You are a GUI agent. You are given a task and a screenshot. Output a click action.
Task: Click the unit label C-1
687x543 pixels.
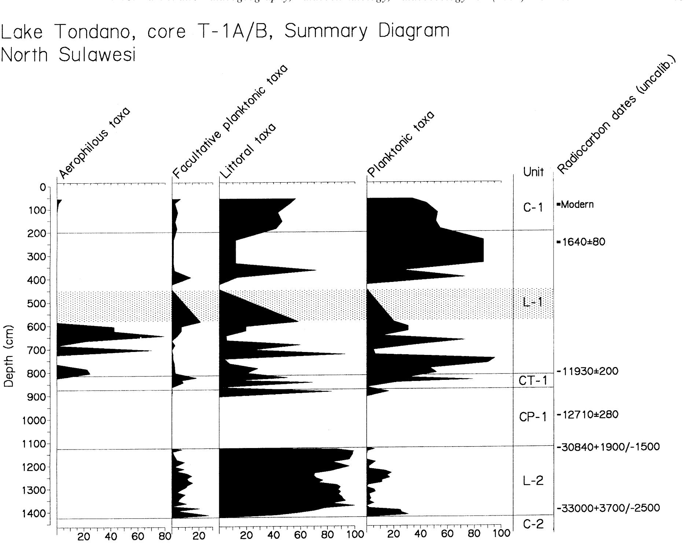pos(533,208)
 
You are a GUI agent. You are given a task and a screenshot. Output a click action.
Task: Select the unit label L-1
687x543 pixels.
pos(533,303)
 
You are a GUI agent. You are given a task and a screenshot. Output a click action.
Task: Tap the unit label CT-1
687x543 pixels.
pos(533,381)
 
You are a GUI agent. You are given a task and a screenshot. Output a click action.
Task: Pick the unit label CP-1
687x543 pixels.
pos(533,417)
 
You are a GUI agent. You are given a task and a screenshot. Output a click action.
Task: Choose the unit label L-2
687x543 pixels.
pos(533,481)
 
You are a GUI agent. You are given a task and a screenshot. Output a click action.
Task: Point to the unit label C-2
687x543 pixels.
pos(533,525)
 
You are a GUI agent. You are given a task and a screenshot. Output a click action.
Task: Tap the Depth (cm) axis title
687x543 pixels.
pos(9,356)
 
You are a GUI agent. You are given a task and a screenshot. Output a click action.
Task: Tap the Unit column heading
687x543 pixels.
pos(533,172)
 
